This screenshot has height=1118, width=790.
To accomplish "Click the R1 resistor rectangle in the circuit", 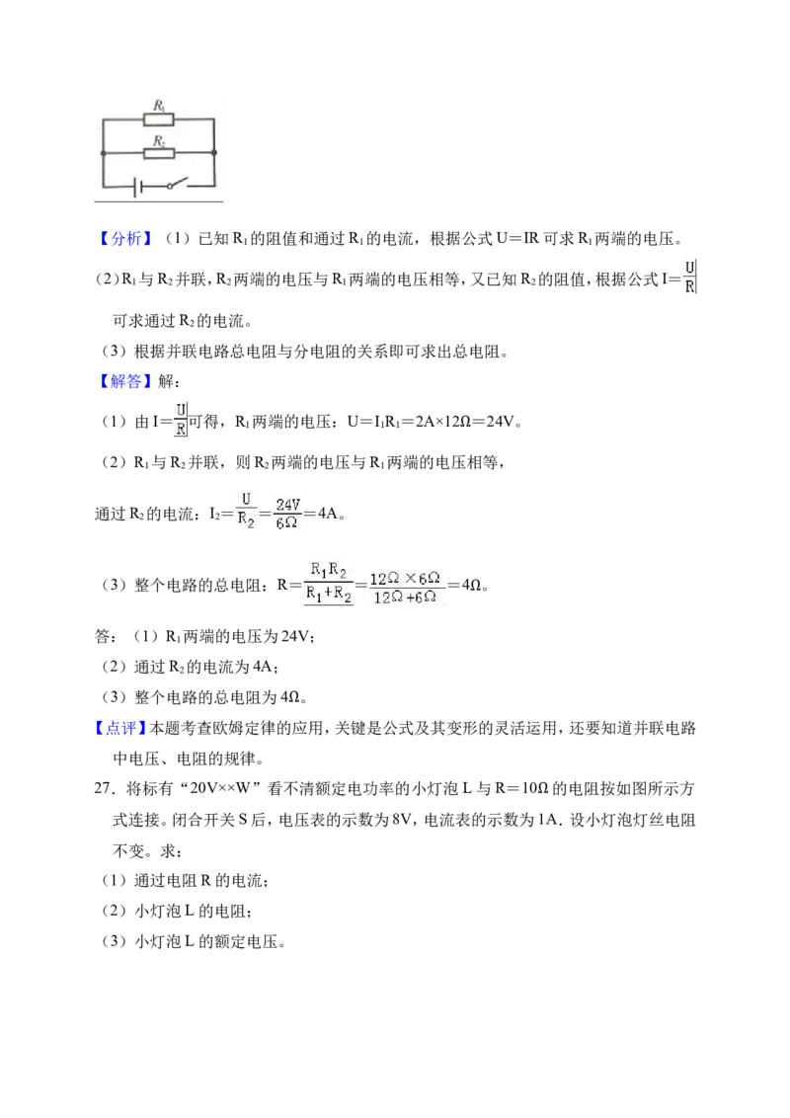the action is point(158,120).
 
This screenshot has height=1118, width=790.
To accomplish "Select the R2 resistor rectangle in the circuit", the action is point(158,152).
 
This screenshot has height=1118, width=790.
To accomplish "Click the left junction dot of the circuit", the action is point(103,152).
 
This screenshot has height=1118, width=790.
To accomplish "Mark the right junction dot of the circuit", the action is point(214,152).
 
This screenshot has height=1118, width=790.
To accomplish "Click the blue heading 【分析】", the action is point(124,239).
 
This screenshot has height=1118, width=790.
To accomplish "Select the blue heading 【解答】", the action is point(124,381).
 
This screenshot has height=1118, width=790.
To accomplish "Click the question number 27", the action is point(105,788).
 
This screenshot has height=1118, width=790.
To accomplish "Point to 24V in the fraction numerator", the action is point(288,504).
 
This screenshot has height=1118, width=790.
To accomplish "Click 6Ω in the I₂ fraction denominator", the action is point(286,522).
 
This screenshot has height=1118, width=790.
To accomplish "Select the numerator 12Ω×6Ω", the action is point(404,578).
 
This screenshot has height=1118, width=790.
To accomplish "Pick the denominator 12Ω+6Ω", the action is point(404,597).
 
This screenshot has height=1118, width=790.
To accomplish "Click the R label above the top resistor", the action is point(160,106).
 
